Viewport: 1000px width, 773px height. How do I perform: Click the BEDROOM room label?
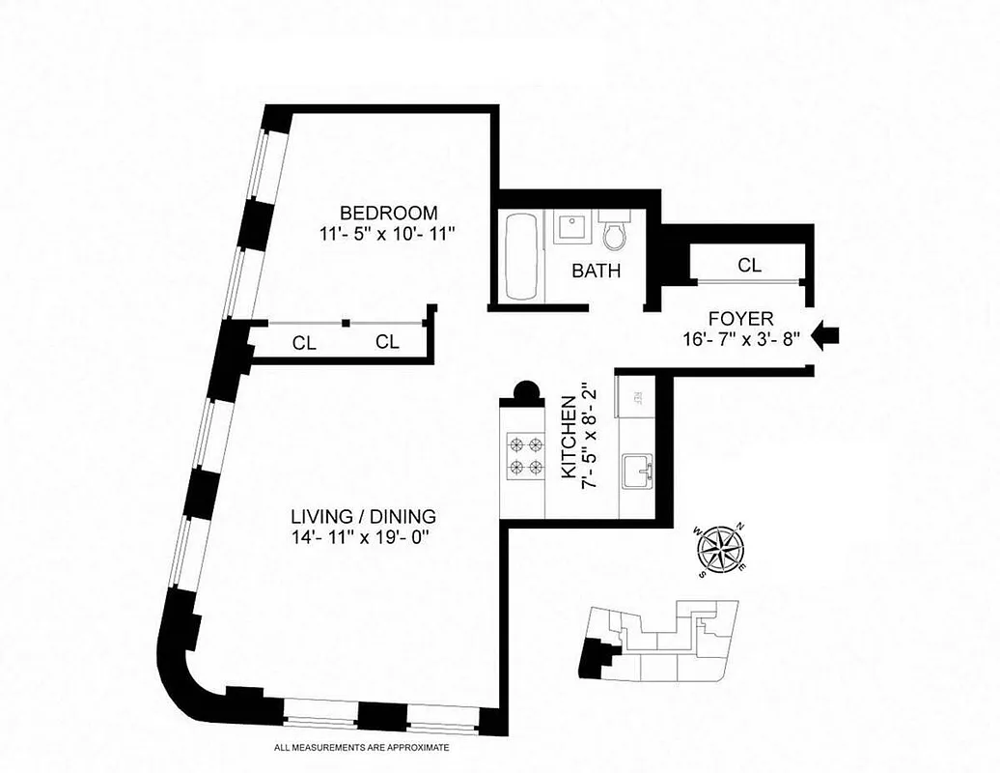389,213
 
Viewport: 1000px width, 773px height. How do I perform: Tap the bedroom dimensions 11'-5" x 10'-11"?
389,233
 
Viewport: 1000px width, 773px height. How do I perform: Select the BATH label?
596,272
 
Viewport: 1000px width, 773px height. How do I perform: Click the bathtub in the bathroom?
522,256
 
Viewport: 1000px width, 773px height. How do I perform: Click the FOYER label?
741,318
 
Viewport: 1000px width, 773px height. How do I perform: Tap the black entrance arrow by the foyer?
826,336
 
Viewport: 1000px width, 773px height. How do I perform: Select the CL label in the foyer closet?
749,265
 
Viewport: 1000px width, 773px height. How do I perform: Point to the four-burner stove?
522,456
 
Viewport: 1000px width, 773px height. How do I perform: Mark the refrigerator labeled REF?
638,397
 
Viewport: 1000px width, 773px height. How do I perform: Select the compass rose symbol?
720,551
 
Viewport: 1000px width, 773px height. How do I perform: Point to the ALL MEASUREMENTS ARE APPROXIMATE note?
362,748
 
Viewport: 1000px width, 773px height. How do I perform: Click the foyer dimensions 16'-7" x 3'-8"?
741,338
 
